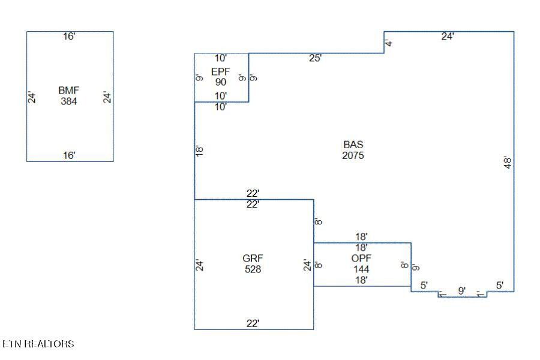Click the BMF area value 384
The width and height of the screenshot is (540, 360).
[69, 101]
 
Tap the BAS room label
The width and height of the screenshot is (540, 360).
[353, 145]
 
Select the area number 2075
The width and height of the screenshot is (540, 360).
[353, 155]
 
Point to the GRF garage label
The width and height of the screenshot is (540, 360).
[253, 259]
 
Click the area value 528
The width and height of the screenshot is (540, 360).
[253, 269]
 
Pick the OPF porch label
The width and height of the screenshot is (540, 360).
[361, 259]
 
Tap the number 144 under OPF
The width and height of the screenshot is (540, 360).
[361, 269]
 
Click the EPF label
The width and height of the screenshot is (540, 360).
[220, 71]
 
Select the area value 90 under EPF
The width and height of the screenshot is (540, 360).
[220, 82]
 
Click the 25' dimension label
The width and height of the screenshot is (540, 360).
[316, 58]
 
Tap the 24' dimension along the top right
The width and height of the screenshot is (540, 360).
[448, 36]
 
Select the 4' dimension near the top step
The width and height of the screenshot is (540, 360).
[389, 43]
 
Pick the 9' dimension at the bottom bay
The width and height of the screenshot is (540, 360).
[462, 290]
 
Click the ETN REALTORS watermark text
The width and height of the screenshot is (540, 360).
[38, 344]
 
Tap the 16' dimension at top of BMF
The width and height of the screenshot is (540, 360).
[70, 37]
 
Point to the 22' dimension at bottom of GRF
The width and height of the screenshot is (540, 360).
[253, 323]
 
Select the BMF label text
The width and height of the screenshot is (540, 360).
[69, 91]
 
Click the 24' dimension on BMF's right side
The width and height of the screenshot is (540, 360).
[107, 97]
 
